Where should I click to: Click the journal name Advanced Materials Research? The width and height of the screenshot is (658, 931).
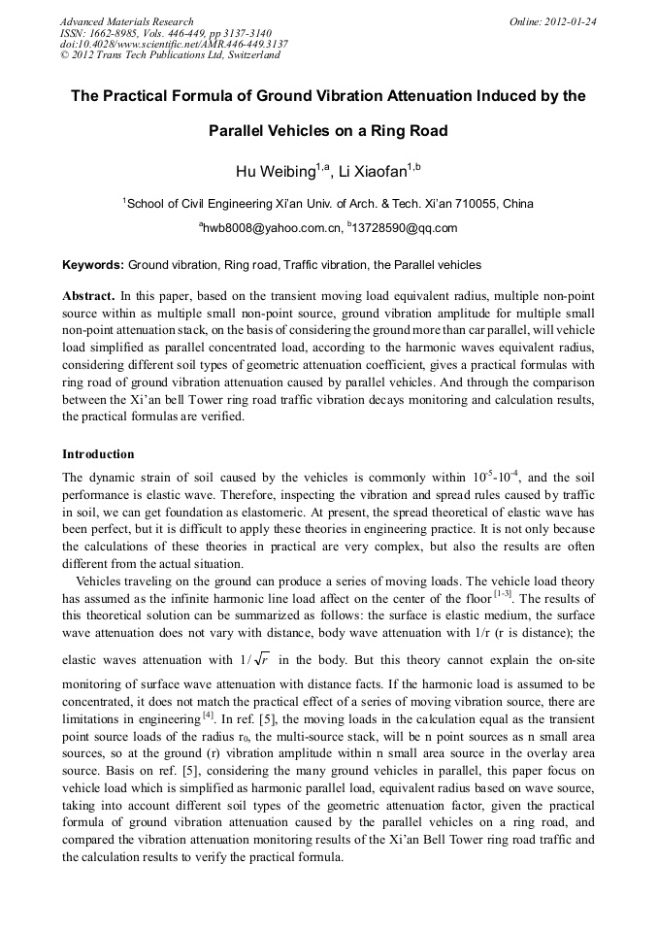126,21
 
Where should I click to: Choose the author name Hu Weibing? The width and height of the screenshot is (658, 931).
276,173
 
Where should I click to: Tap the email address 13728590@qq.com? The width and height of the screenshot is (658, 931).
405,228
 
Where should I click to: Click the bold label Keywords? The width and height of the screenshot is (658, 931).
93,264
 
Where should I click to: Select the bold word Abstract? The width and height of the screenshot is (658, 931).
89,294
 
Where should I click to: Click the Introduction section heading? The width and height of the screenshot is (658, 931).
98,454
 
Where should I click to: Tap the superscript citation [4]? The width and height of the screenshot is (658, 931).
208,715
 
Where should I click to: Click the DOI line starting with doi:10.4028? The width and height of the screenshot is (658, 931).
174,45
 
